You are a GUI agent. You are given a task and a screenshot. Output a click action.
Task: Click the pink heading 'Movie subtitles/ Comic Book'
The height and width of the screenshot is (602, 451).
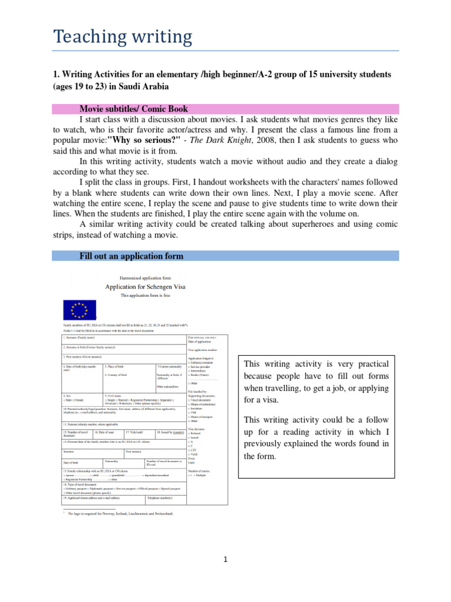coord(134,109)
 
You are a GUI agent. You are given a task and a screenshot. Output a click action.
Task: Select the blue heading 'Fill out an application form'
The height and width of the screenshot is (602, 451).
coord(132,256)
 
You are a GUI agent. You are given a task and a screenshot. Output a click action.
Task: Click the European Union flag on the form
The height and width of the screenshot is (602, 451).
coord(79,309)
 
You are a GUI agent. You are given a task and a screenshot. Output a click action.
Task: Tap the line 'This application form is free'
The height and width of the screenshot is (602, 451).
coord(144,296)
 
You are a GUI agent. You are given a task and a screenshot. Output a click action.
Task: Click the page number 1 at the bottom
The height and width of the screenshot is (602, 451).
coord(225,560)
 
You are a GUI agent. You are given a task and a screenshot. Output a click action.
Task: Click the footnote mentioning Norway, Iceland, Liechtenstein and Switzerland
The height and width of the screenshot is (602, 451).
coord(120,514)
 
